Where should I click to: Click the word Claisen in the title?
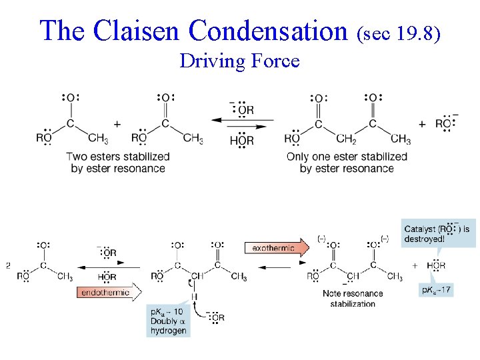pyautogui.click(x=137, y=30)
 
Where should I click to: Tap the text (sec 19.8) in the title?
pyautogui.click(x=399, y=32)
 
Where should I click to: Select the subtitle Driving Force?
pyautogui.click(x=239, y=61)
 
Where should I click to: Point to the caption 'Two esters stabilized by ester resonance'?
pyautogui.click(x=118, y=162)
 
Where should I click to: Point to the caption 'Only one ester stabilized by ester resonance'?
pyautogui.click(x=347, y=162)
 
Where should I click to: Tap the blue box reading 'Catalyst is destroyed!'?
pyautogui.click(x=438, y=233)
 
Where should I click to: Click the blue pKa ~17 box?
pyautogui.click(x=437, y=290)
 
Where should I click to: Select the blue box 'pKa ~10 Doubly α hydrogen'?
pyautogui.click(x=169, y=321)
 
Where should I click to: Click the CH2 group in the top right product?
pyautogui.click(x=346, y=139)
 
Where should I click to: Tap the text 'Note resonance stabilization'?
pyautogui.click(x=353, y=299)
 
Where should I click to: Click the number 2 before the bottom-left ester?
pyautogui.click(x=8, y=265)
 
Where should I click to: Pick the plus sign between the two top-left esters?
pyautogui.click(x=117, y=123)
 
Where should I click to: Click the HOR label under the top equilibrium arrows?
pyautogui.click(x=241, y=140)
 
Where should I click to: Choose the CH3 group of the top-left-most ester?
pyautogui.click(x=97, y=139)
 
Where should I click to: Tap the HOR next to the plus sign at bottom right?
pyautogui.click(x=436, y=265)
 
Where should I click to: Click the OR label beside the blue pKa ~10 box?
pyautogui.click(x=218, y=317)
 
